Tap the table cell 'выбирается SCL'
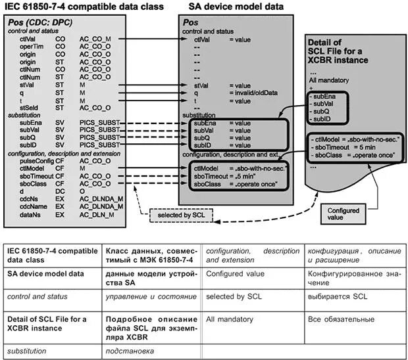336,296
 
